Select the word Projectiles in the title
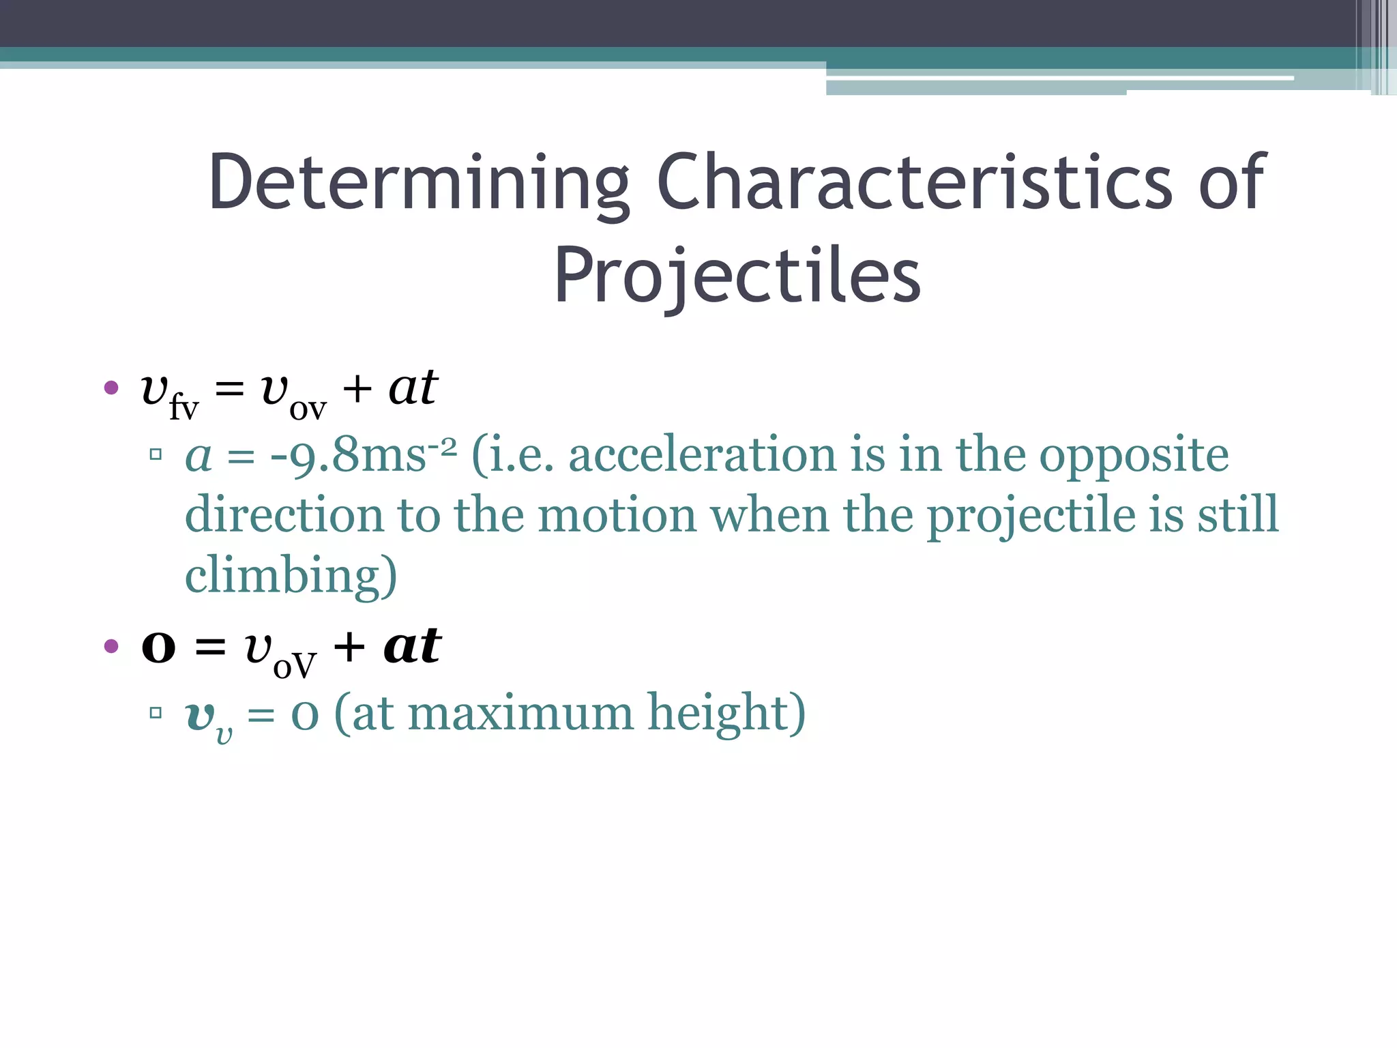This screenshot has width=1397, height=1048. pyautogui.click(x=737, y=276)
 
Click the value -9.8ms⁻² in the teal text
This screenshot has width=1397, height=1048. pyautogui.click(x=363, y=455)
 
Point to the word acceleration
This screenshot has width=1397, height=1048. pyautogui.click(x=702, y=455)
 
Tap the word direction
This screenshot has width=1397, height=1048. pyautogui.click(x=283, y=515)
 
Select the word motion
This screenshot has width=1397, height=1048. pyautogui.click(x=617, y=515)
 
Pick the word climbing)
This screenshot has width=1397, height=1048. pyautogui.click(x=291, y=576)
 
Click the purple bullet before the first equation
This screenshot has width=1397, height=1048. pyautogui.click(x=111, y=388)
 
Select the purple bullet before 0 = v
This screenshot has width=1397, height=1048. pyautogui.click(x=111, y=645)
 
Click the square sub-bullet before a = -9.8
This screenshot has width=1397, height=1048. pyautogui.click(x=156, y=454)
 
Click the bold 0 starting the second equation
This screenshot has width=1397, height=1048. pyautogui.click(x=158, y=647)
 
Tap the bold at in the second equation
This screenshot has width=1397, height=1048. pyautogui.click(x=412, y=645)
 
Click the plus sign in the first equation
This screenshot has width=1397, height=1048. pyautogui.click(x=357, y=390)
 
